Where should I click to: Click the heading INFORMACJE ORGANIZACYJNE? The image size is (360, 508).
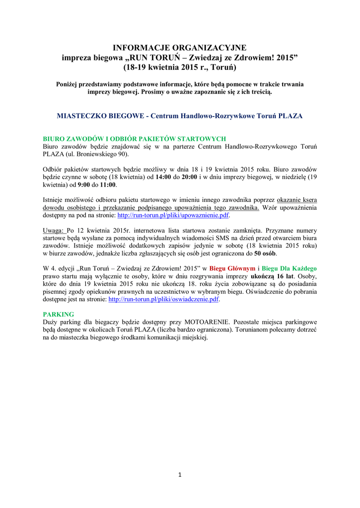pyautogui.click(x=180, y=48)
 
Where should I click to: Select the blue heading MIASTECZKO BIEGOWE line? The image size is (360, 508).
pyautogui.click(x=180, y=116)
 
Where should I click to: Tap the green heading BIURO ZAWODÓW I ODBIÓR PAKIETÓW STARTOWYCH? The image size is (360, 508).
pyautogui.click(x=135, y=139)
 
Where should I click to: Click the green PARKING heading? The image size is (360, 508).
pyautogui.click(x=58, y=315)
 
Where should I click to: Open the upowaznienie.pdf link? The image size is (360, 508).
pyautogui.click(x=173, y=216)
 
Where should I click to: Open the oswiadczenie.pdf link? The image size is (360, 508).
pyautogui.click(x=163, y=300)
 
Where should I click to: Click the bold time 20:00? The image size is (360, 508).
pyautogui.click(x=191, y=177)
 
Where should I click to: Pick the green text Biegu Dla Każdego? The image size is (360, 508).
pyautogui.click(x=289, y=268)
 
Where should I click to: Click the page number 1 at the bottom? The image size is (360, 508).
pyautogui.click(x=180, y=475)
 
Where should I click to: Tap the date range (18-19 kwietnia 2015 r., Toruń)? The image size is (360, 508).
pyautogui.click(x=180, y=67)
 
